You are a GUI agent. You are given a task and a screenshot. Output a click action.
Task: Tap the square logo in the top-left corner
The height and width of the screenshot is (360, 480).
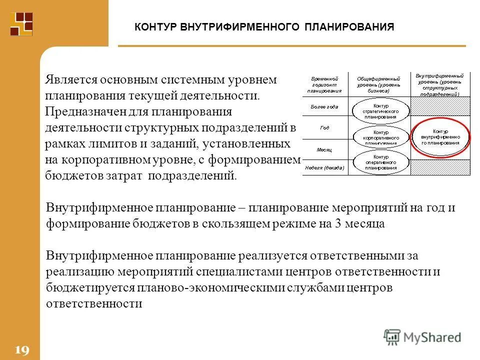click(x=21, y=23)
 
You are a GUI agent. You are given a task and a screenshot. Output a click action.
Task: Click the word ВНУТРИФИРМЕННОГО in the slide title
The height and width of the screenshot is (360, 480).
click(x=235, y=27)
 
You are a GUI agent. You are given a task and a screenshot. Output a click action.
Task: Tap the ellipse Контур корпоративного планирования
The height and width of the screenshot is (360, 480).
click(x=380, y=136)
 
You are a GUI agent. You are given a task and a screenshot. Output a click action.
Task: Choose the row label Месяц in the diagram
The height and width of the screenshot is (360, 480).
click(x=324, y=149)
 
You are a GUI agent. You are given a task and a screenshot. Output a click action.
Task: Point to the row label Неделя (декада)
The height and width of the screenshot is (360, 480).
click(x=324, y=167)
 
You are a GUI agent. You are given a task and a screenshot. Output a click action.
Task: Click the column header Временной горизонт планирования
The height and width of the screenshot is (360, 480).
click(x=324, y=85)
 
